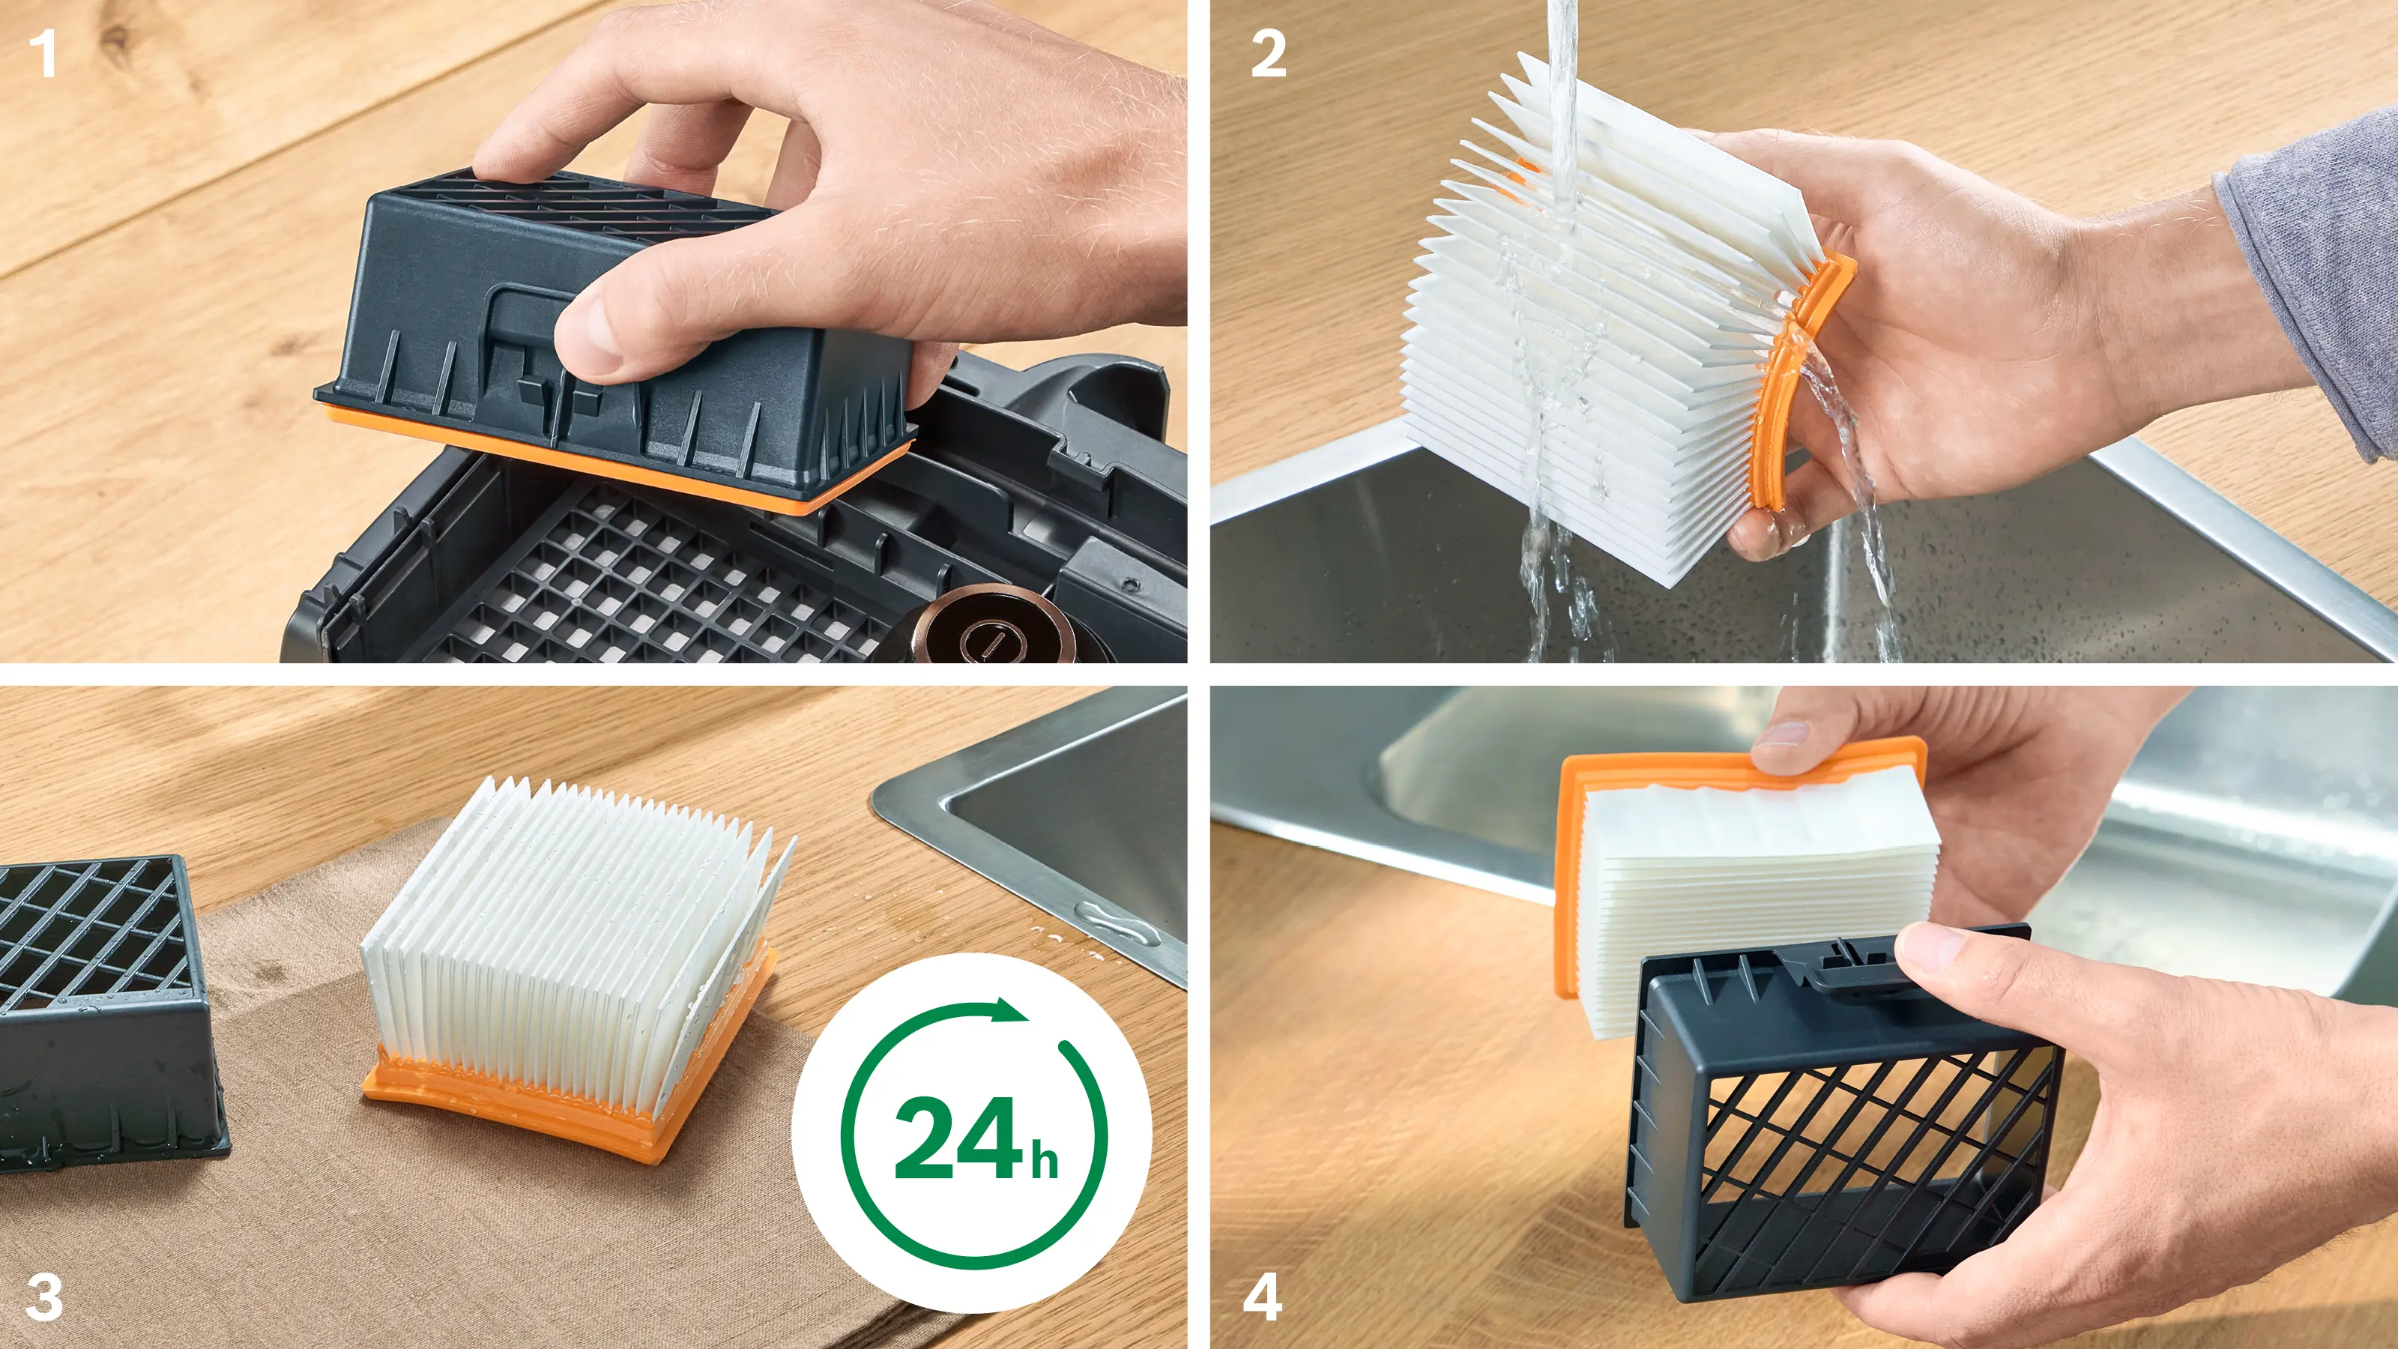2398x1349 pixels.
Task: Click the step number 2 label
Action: (1268, 54)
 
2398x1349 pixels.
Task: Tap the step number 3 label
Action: (43, 1297)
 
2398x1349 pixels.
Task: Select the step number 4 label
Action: (1262, 1297)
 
